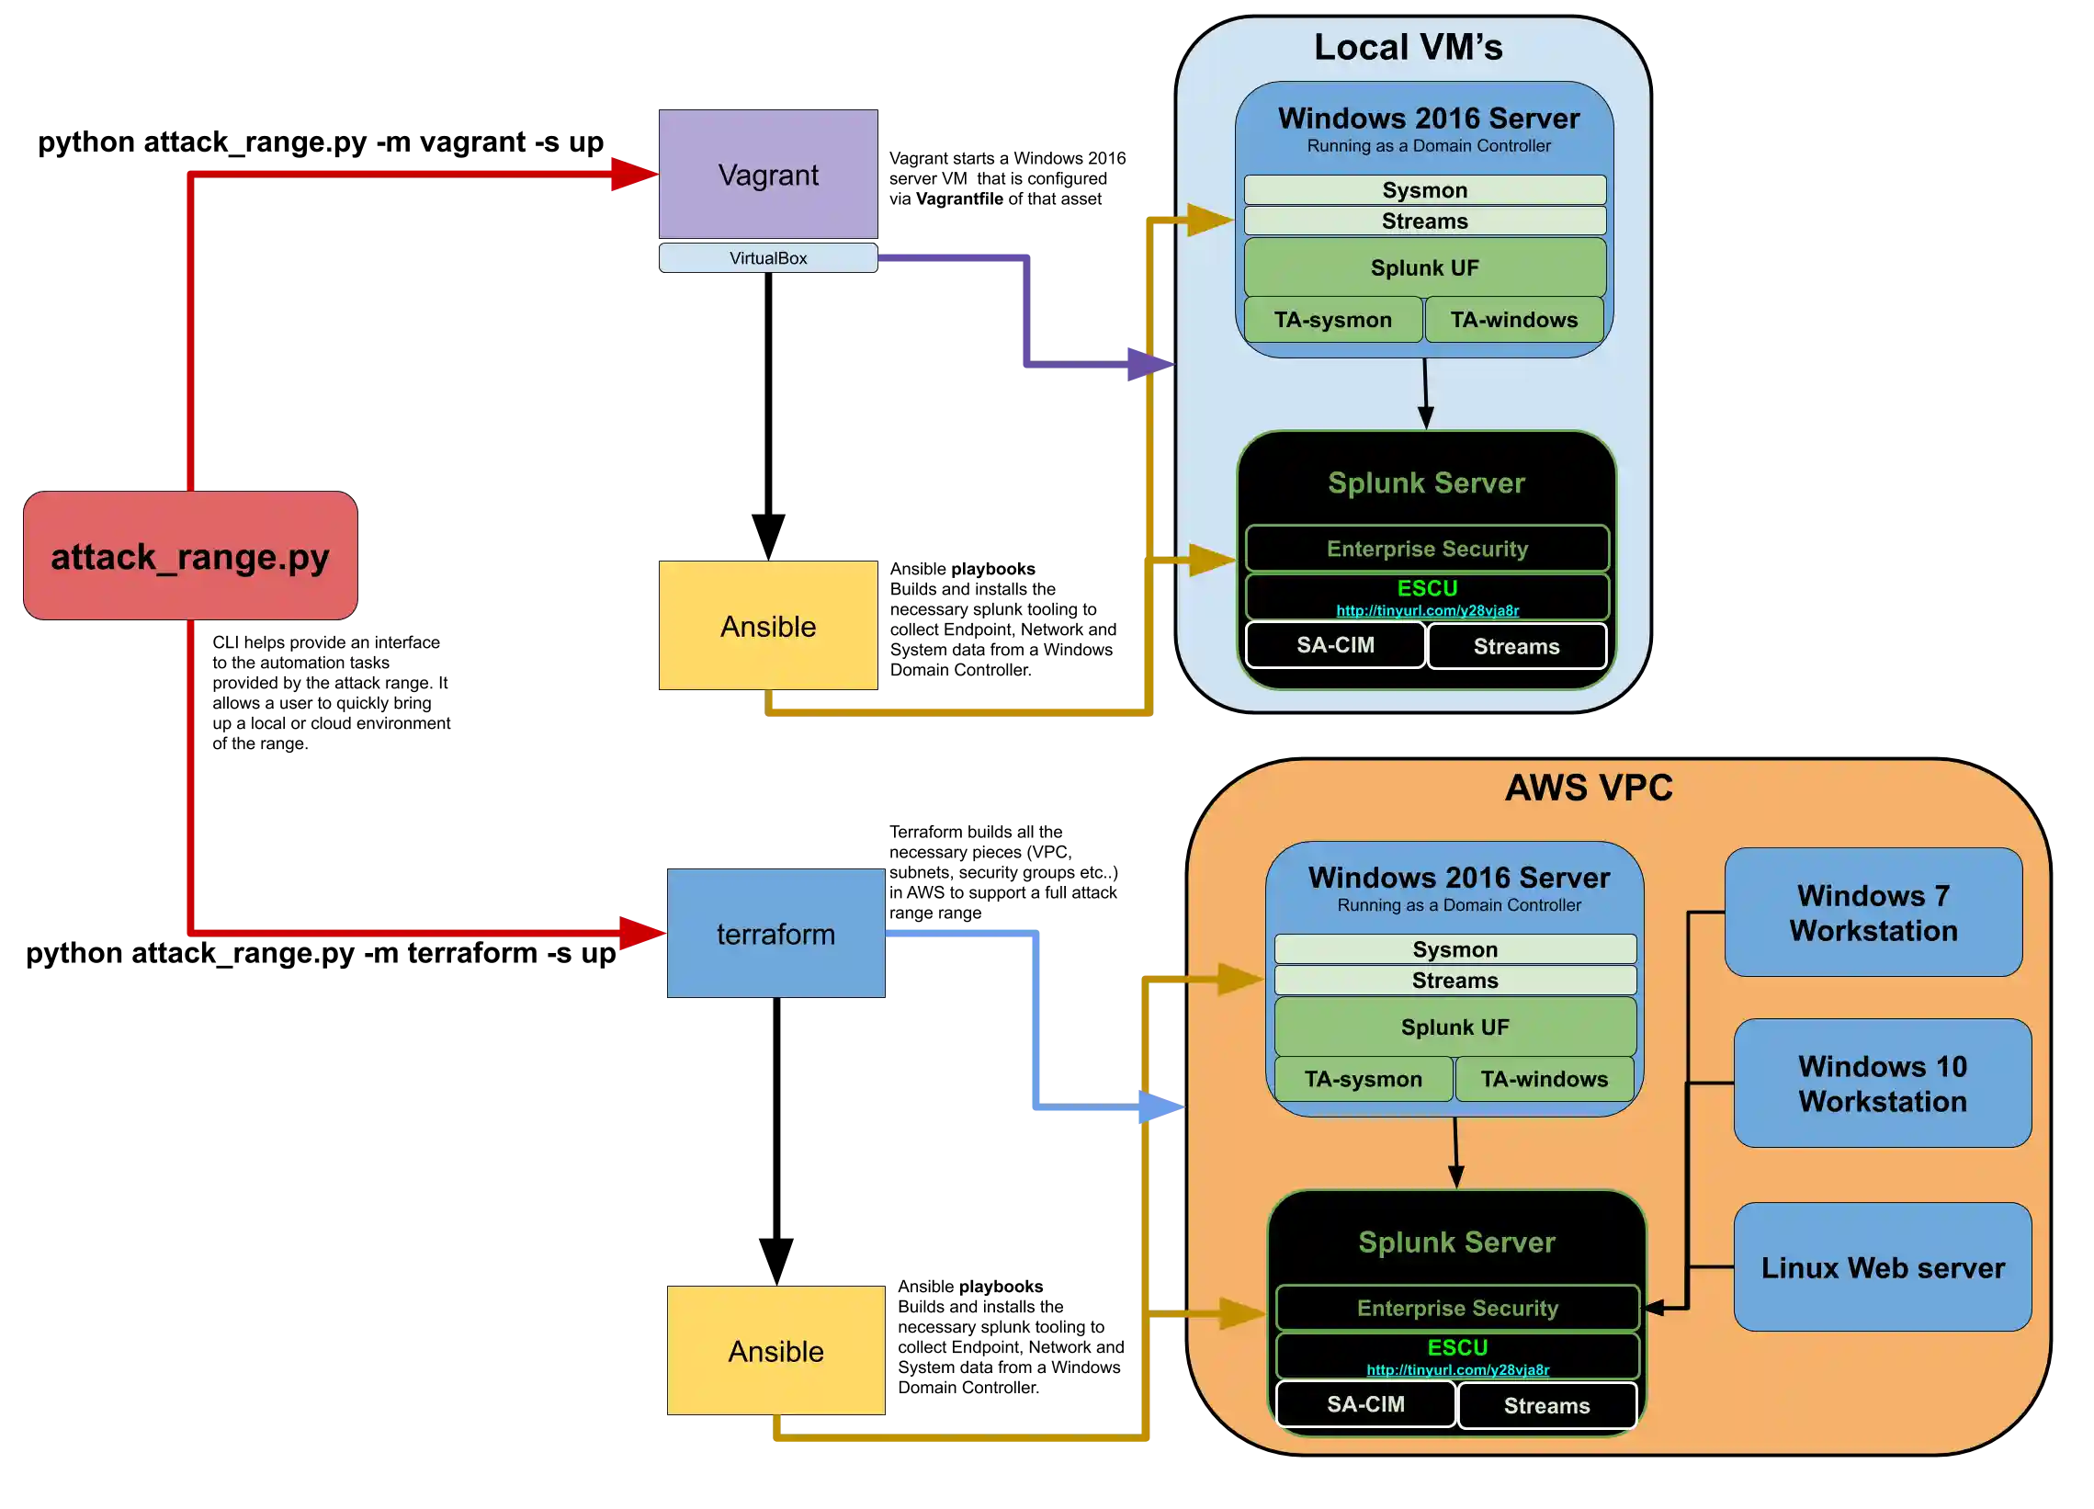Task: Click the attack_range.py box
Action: (x=190, y=556)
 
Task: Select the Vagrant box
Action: (x=768, y=175)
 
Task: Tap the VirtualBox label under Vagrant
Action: (x=768, y=257)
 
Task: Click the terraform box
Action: (x=775, y=934)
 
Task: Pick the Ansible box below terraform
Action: (x=775, y=1351)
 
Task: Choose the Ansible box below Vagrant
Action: (x=768, y=626)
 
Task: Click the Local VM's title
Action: (x=1408, y=47)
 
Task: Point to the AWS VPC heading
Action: (x=1588, y=788)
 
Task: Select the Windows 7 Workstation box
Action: (x=1873, y=913)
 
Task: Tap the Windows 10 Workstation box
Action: (x=1883, y=1084)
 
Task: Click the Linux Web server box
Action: (x=1883, y=1267)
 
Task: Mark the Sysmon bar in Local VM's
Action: (x=1424, y=190)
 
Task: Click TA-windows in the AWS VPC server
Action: (x=1544, y=1079)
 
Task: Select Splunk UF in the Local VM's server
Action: (x=1424, y=267)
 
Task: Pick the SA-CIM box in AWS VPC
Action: (x=1365, y=1404)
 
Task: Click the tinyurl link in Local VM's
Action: (x=1427, y=610)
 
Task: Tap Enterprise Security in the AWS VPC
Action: (x=1457, y=1308)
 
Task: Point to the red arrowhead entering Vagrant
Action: (x=633, y=174)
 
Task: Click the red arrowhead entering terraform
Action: (x=640, y=934)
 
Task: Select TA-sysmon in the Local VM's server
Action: (x=1333, y=320)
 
